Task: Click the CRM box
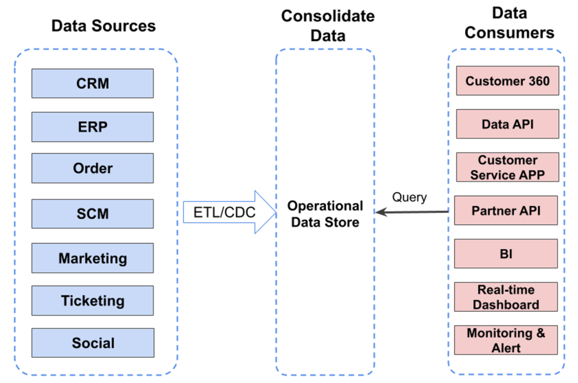coord(93,84)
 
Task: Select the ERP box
coord(93,127)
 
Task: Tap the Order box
coord(93,168)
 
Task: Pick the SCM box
coord(93,214)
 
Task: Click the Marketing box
coord(93,259)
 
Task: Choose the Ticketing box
coord(93,301)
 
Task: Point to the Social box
coord(93,343)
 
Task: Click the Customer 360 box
coord(507,81)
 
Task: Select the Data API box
coord(507,124)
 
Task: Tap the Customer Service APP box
coord(507,167)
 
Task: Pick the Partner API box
coord(506,211)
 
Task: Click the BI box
coord(506,254)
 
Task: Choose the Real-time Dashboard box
coord(506,297)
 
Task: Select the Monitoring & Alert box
coord(506,340)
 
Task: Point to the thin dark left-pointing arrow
coord(412,212)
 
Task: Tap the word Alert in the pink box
coord(506,347)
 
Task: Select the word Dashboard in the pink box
coord(506,304)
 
